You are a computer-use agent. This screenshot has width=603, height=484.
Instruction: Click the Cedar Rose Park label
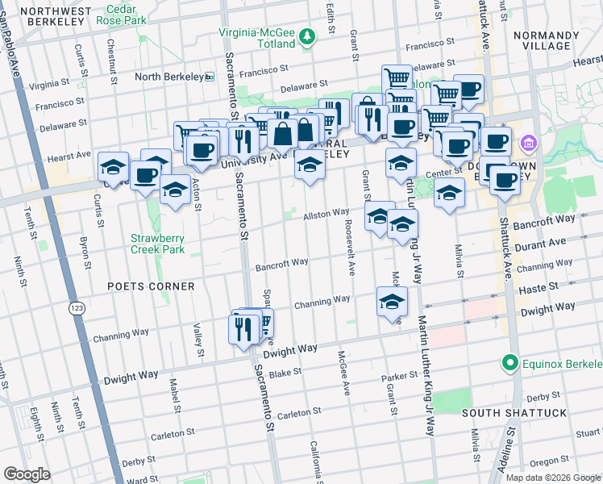tap(124, 14)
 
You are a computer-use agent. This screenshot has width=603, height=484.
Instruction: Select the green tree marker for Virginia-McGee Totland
tap(306, 35)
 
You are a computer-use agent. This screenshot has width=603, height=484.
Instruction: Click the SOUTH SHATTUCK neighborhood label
tap(515, 413)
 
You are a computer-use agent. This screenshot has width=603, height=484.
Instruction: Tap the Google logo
tap(27, 474)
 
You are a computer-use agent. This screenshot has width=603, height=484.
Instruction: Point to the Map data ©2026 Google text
tap(553, 478)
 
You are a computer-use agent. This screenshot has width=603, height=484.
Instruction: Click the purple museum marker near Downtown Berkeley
tap(528, 144)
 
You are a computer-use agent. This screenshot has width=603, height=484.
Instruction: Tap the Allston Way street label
tap(326, 216)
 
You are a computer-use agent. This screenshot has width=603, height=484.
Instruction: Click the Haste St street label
tap(543, 287)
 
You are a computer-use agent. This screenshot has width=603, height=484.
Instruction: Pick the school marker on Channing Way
tap(392, 302)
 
